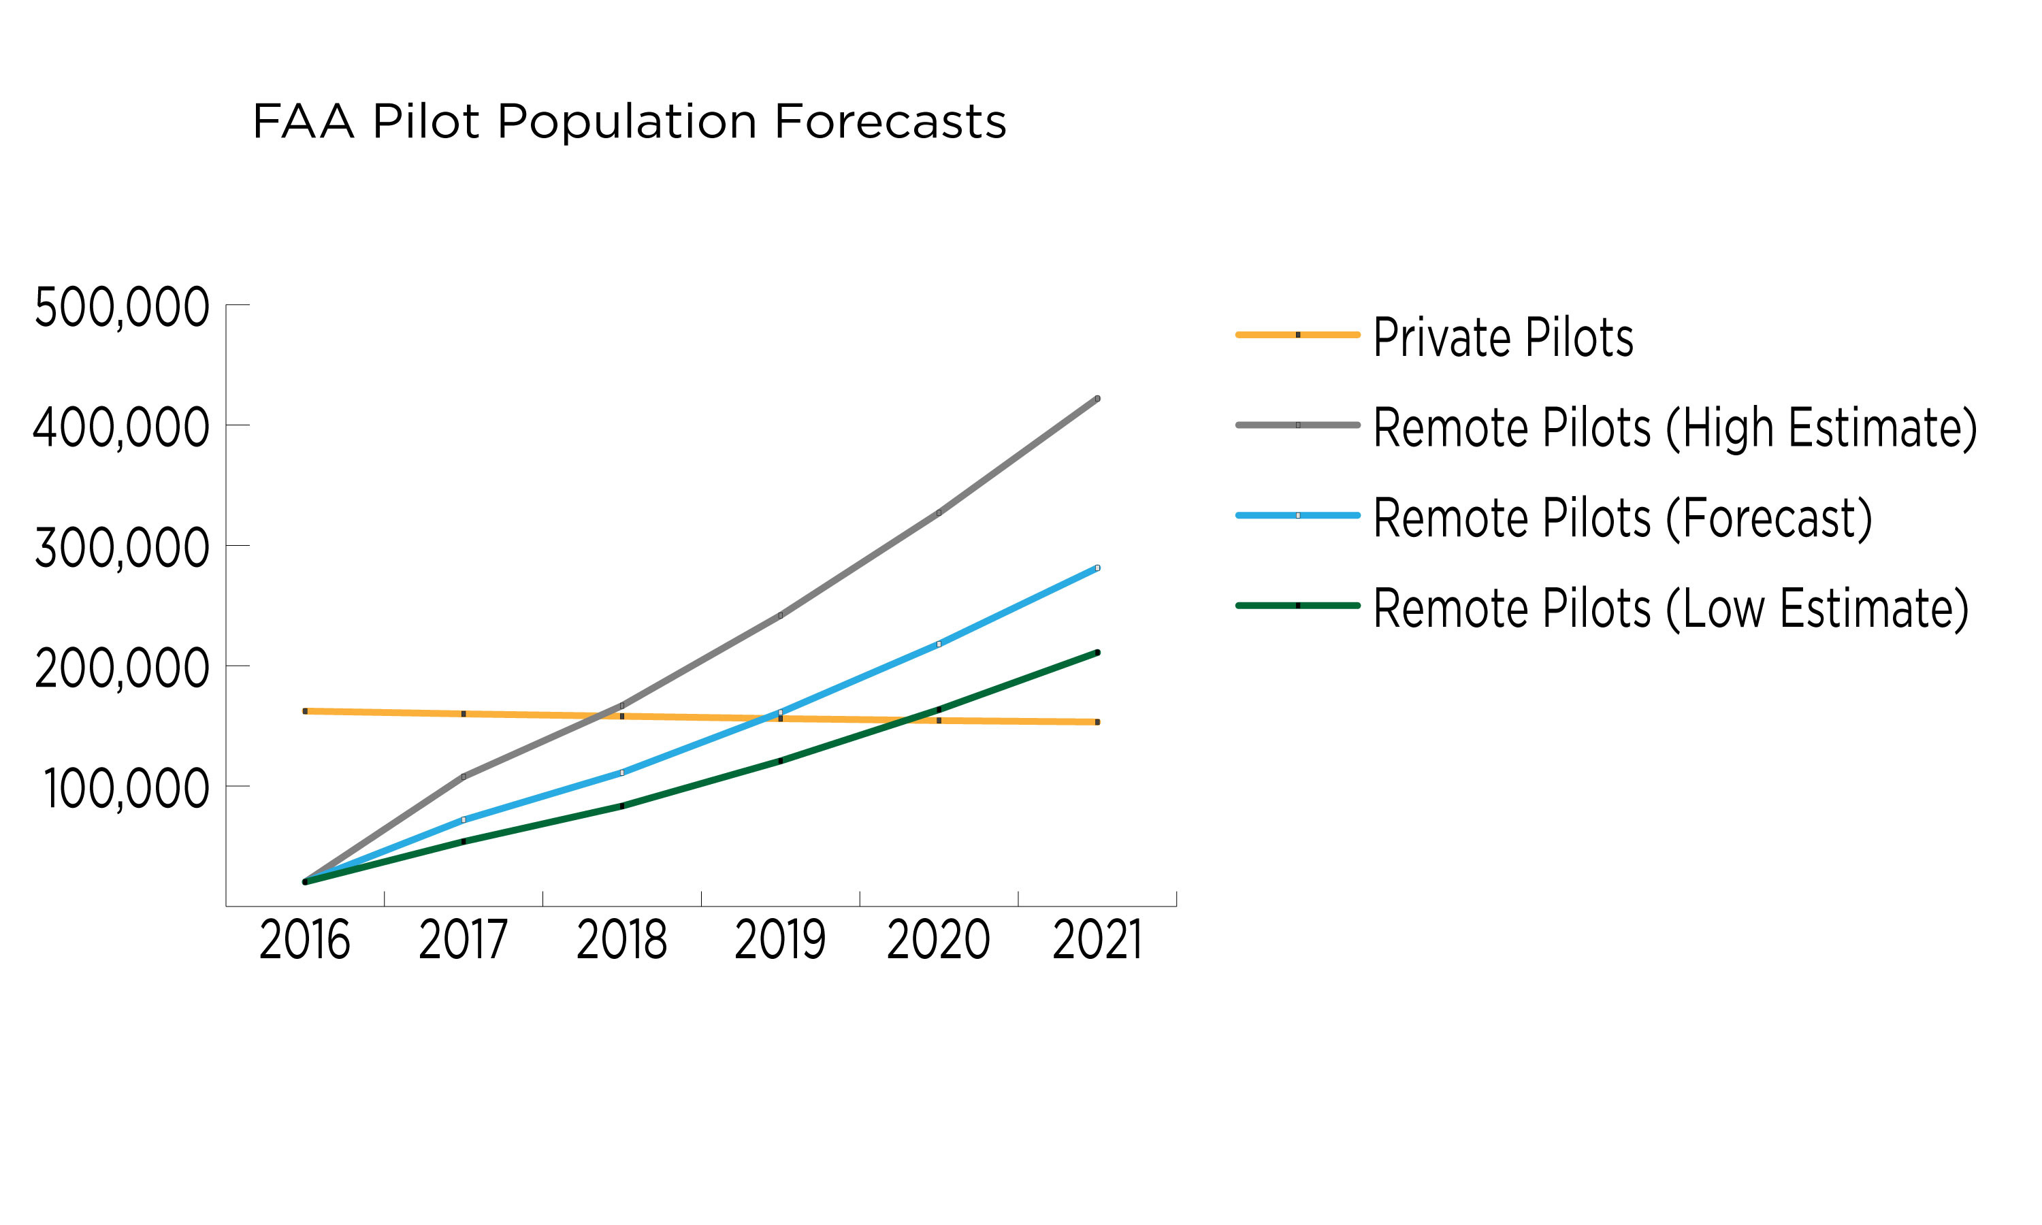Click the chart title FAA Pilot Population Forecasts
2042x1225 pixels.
[x=629, y=122]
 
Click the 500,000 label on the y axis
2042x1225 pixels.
[x=122, y=308]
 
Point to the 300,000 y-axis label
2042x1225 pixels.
[x=122, y=548]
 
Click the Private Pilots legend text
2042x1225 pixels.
[x=1503, y=338]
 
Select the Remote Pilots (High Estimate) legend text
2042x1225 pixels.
[x=1674, y=429]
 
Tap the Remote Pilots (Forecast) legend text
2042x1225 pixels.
[x=1623, y=519]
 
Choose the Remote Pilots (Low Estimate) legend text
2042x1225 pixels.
[x=1670, y=609]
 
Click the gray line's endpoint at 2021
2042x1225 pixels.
[x=1097, y=399]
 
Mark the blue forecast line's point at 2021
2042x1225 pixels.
[x=1097, y=568]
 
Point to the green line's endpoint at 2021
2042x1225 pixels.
[x=1097, y=653]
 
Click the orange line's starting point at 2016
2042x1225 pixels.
[x=306, y=710]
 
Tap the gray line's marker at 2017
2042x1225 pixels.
[x=463, y=777]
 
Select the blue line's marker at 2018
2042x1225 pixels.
[x=621, y=772]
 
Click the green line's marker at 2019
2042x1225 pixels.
[x=780, y=761]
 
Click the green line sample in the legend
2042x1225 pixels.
[x=1297, y=606]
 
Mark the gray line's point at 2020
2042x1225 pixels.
[x=939, y=513]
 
